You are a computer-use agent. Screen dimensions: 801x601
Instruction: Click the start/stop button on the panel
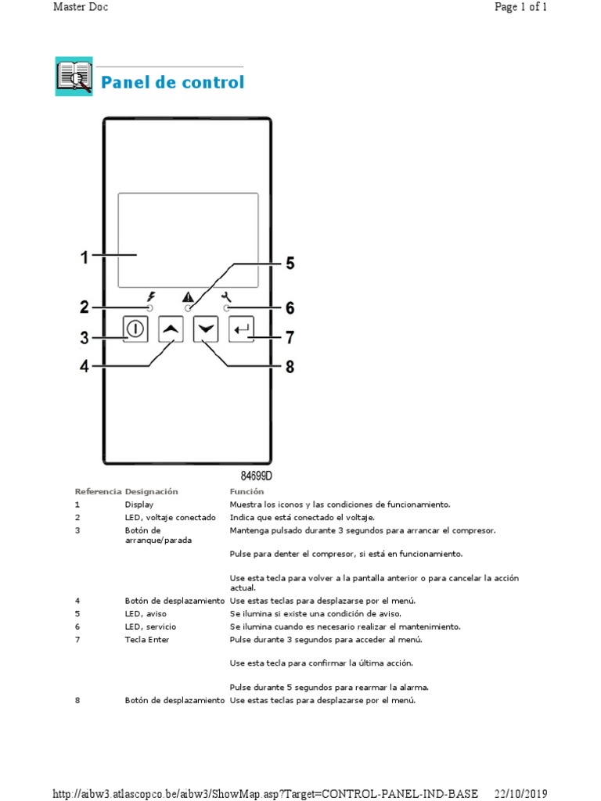click(x=135, y=329)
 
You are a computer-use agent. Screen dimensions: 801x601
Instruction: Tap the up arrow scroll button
click(x=171, y=329)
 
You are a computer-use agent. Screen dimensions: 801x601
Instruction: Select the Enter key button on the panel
click(x=242, y=329)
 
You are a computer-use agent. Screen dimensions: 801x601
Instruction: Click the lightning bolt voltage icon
click(x=151, y=296)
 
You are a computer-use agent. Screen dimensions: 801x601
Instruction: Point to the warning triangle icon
click(x=188, y=296)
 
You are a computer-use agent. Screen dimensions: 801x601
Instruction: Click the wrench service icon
click(x=227, y=296)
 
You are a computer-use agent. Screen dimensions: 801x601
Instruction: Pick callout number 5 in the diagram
click(x=290, y=264)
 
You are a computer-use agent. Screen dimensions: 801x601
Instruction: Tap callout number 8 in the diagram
click(x=290, y=366)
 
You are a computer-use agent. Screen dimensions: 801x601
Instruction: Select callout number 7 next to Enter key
click(x=289, y=338)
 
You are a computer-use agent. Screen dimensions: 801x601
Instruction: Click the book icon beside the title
click(x=74, y=77)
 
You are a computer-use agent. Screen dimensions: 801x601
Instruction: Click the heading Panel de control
click(x=172, y=82)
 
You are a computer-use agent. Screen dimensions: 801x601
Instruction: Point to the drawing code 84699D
click(x=256, y=475)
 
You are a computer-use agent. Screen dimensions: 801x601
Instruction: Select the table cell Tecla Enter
click(x=147, y=639)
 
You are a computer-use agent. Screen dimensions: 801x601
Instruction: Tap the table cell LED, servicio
click(x=150, y=627)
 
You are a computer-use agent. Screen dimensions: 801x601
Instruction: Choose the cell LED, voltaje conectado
click(x=170, y=517)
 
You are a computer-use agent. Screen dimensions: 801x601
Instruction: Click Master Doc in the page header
click(x=81, y=7)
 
